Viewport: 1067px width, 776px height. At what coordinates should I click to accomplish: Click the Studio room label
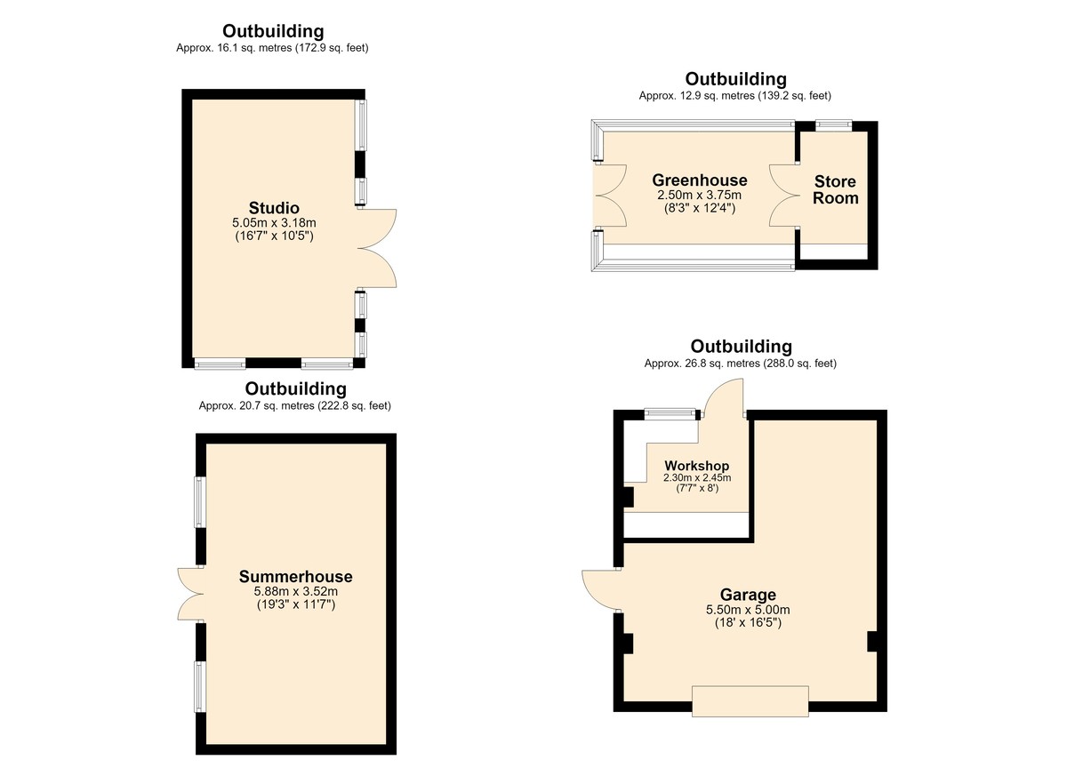coord(274,208)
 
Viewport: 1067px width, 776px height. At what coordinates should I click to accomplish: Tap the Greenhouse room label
coord(699,180)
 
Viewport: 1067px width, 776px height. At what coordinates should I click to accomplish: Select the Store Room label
coord(836,189)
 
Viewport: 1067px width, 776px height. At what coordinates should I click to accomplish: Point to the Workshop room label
coord(697,466)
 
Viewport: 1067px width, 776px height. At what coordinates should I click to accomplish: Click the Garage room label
coord(748,595)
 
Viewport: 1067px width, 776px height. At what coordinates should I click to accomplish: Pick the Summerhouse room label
coord(296,577)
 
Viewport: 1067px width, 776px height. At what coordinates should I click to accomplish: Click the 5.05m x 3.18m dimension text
coord(274,223)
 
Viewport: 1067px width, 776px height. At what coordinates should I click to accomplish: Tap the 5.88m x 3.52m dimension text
coord(296,592)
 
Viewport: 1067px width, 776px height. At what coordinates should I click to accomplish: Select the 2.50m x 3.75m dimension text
coord(699,196)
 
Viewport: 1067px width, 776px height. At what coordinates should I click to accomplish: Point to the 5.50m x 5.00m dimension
coord(748,610)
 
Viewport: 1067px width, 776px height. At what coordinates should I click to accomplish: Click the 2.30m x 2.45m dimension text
coord(697,477)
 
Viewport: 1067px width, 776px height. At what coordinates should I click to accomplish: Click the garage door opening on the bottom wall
coord(750,701)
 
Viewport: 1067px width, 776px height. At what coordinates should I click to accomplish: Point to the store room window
coord(834,126)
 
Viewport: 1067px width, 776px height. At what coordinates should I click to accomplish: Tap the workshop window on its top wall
coord(670,413)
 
